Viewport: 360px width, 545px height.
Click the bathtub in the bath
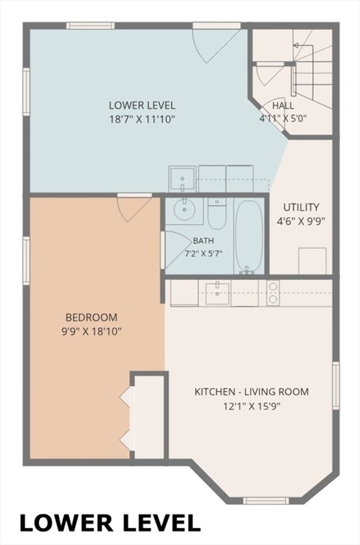[x=249, y=237]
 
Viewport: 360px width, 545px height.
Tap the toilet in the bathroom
[x=217, y=214]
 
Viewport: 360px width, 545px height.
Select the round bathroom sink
[x=185, y=209]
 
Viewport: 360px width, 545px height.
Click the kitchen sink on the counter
[x=217, y=294]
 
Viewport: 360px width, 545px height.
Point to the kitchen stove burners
[x=273, y=292]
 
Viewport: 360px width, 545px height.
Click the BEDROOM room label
[x=92, y=317]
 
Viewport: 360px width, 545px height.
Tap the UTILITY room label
[x=301, y=207]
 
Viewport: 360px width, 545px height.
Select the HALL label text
[x=283, y=105]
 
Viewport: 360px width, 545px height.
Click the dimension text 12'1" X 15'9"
[x=252, y=406]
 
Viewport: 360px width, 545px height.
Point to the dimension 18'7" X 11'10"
[x=142, y=119]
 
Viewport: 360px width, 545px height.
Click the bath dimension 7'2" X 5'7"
[x=203, y=253]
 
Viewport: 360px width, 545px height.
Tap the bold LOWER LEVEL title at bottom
[x=110, y=522]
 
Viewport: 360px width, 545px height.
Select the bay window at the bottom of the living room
[x=266, y=500]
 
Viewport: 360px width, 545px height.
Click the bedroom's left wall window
[x=26, y=260]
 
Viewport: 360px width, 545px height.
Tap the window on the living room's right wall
[x=336, y=385]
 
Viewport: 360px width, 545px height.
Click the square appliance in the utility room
[x=312, y=260]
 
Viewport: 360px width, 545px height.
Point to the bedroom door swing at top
[x=134, y=207]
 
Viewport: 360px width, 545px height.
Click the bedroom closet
[x=149, y=417]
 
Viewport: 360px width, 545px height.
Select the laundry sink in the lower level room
[x=182, y=179]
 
